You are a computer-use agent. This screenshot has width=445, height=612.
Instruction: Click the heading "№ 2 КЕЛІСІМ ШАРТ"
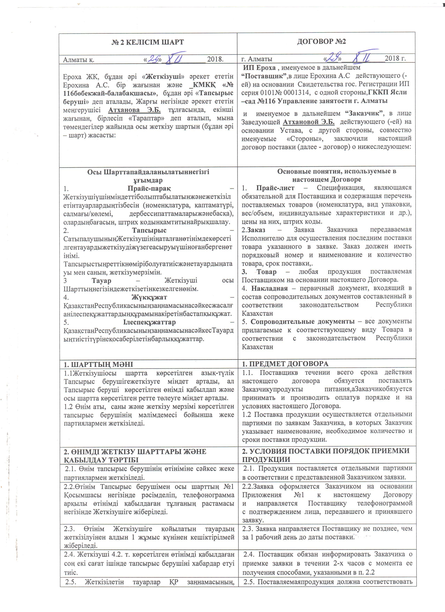[x=148, y=42]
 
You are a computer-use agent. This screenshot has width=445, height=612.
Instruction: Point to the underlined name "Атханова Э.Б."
[x=134, y=110]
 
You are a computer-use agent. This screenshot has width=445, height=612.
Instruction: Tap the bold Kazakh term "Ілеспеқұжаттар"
[x=149, y=322]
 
